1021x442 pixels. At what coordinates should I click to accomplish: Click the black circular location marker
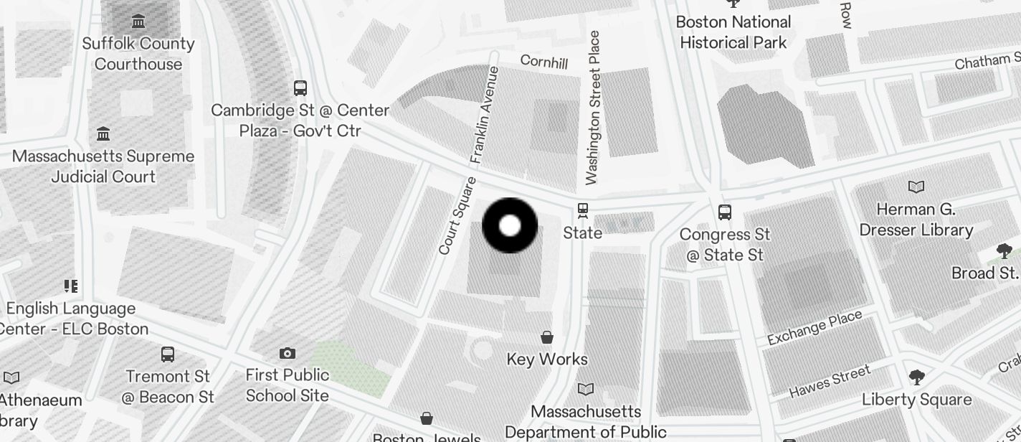click(510, 226)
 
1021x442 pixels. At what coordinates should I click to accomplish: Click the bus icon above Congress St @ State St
click(725, 212)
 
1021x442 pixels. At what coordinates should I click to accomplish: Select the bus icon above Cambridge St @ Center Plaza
click(300, 88)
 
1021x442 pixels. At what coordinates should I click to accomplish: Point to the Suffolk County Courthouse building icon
click(138, 21)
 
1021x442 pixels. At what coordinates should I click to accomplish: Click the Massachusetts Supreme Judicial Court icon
click(103, 134)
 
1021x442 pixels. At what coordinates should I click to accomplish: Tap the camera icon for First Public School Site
click(288, 353)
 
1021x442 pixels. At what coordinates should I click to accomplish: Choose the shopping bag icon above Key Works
click(547, 337)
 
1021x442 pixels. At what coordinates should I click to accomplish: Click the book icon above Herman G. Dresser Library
click(916, 187)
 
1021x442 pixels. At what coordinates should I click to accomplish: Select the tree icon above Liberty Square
click(916, 377)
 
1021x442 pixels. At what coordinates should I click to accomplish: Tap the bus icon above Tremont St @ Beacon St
click(168, 354)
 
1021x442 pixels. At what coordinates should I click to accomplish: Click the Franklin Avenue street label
click(485, 115)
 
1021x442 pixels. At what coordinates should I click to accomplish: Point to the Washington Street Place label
click(592, 108)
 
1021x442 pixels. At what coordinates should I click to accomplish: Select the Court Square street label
click(457, 216)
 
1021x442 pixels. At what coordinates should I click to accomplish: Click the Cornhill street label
click(544, 62)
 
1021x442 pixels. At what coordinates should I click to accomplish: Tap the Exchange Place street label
click(815, 329)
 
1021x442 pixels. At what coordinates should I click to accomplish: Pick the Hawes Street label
click(830, 382)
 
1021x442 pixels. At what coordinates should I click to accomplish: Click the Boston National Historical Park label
click(733, 32)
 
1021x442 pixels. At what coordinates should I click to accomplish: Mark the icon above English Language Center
click(70, 287)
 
